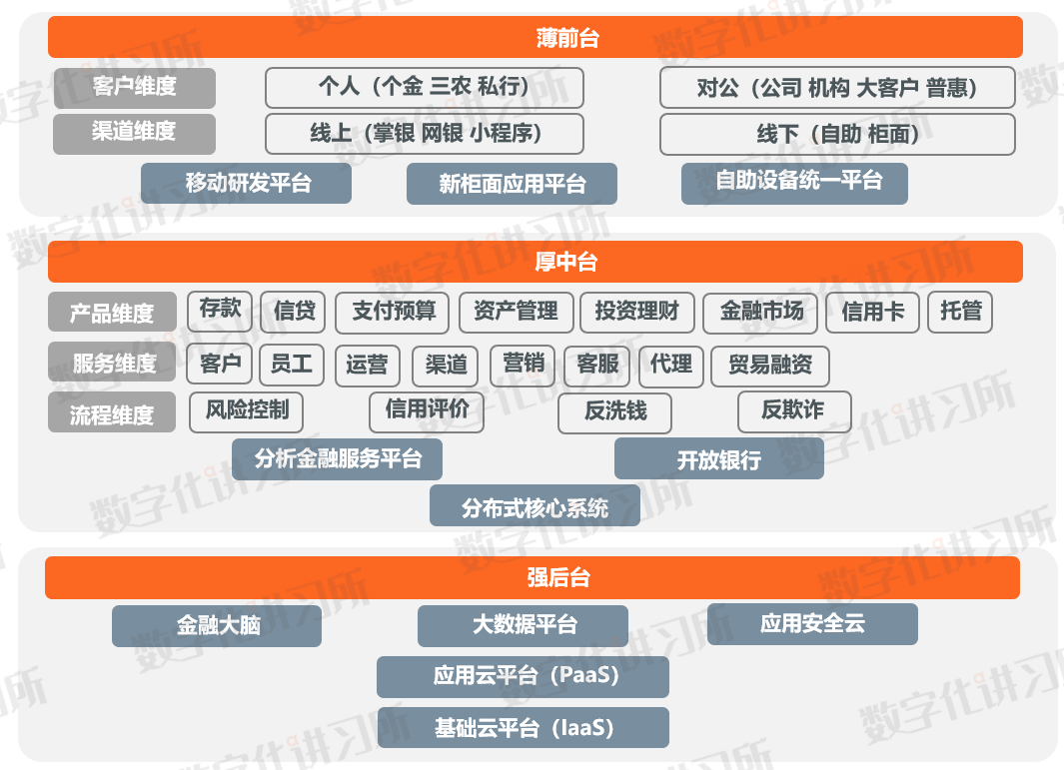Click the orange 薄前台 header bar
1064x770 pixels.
[x=535, y=37]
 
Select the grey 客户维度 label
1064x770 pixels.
[x=134, y=87]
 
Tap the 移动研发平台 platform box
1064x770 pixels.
[x=247, y=184]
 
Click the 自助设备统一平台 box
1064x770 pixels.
[x=794, y=183]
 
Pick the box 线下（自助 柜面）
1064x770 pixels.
[x=837, y=134]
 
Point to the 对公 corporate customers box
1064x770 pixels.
[x=837, y=88]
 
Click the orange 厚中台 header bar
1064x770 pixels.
[x=535, y=262]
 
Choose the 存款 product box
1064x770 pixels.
[x=220, y=310]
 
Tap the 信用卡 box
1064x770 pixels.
[x=872, y=312]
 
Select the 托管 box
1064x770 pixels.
[x=960, y=312]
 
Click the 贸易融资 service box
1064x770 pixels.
[x=769, y=366]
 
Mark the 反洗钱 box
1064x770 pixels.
[x=614, y=412]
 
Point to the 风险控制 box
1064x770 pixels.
[x=246, y=411]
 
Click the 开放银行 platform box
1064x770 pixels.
[x=718, y=459]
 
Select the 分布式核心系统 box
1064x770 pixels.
[x=534, y=506]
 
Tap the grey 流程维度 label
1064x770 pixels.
[x=112, y=413]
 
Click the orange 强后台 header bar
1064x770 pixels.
[x=532, y=578]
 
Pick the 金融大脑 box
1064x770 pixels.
[x=217, y=626]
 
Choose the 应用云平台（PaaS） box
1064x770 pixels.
[x=523, y=677]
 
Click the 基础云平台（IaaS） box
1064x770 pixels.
[x=523, y=728]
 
